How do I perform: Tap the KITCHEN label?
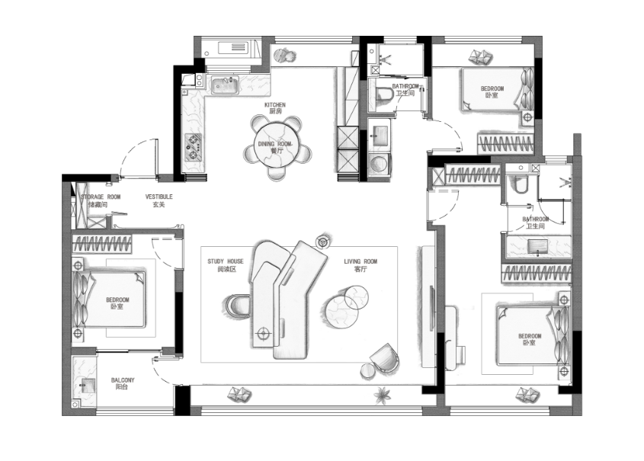pyautogui.click(x=275, y=104)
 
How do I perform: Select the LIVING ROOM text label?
pyautogui.click(x=360, y=261)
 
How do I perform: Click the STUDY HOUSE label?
pyautogui.click(x=226, y=261)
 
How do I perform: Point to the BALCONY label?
pyautogui.click(x=123, y=380)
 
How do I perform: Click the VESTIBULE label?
pyautogui.click(x=159, y=197)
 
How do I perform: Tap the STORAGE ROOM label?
pyautogui.click(x=101, y=197)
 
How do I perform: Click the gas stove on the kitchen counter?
pyautogui.click(x=194, y=148)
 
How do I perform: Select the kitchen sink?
pyautogui.click(x=225, y=85)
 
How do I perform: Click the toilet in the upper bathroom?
pyautogui.click(x=383, y=94)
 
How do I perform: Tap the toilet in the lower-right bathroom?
pyautogui.click(x=519, y=184)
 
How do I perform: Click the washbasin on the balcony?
pyautogui.click(x=88, y=386)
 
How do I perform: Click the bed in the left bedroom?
pyautogui.click(x=109, y=299)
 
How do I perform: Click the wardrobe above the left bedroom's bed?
pyautogui.click(x=102, y=244)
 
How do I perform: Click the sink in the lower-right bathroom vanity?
pyautogui.click(x=537, y=246)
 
